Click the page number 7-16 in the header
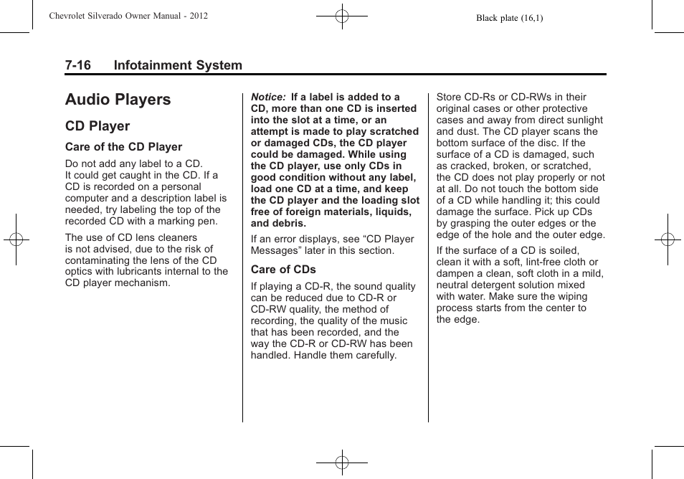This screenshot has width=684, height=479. pyautogui.click(x=77, y=65)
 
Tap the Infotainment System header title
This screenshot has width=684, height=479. pyautogui.click(x=178, y=65)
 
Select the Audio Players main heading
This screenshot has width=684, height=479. pyautogui.click(x=118, y=100)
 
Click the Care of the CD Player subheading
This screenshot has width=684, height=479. pyautogui.click(x=123, y=147)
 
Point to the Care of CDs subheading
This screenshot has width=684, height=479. pyautogui.click(x=283, y=270)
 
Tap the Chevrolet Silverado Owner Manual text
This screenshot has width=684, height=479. pyautogui.click(x=128, y=16)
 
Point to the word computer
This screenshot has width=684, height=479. pyautogui.click(x=87, y=198)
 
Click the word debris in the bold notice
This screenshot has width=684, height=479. pyautogui.click(x=288, y=223)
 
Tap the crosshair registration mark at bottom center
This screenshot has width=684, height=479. pyautogui.click(x=342, y=463)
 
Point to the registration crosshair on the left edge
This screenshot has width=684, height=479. pyautogui.click(x=15, y=239)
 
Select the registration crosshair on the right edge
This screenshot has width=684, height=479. pyautogui.click(x=668, y=239)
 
